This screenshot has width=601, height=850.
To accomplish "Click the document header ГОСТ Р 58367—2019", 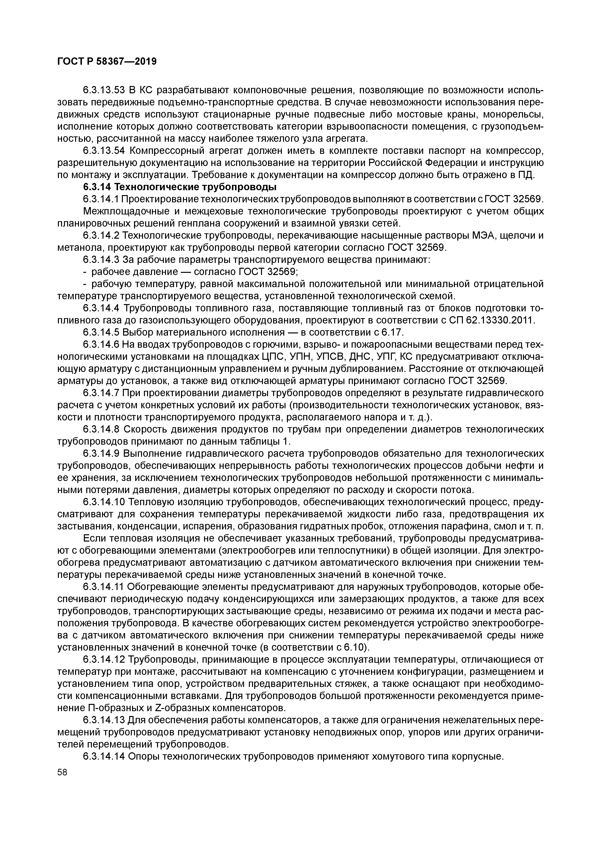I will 107,62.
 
